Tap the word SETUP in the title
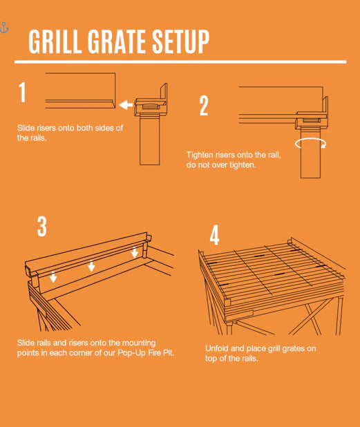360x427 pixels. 181,42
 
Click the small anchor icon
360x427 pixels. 3,28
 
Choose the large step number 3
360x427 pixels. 42,227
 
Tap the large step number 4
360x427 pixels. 215,235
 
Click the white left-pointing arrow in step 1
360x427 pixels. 124,105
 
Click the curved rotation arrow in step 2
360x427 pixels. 310,142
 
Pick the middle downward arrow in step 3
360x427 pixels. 91,267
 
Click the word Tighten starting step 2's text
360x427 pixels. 202,155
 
